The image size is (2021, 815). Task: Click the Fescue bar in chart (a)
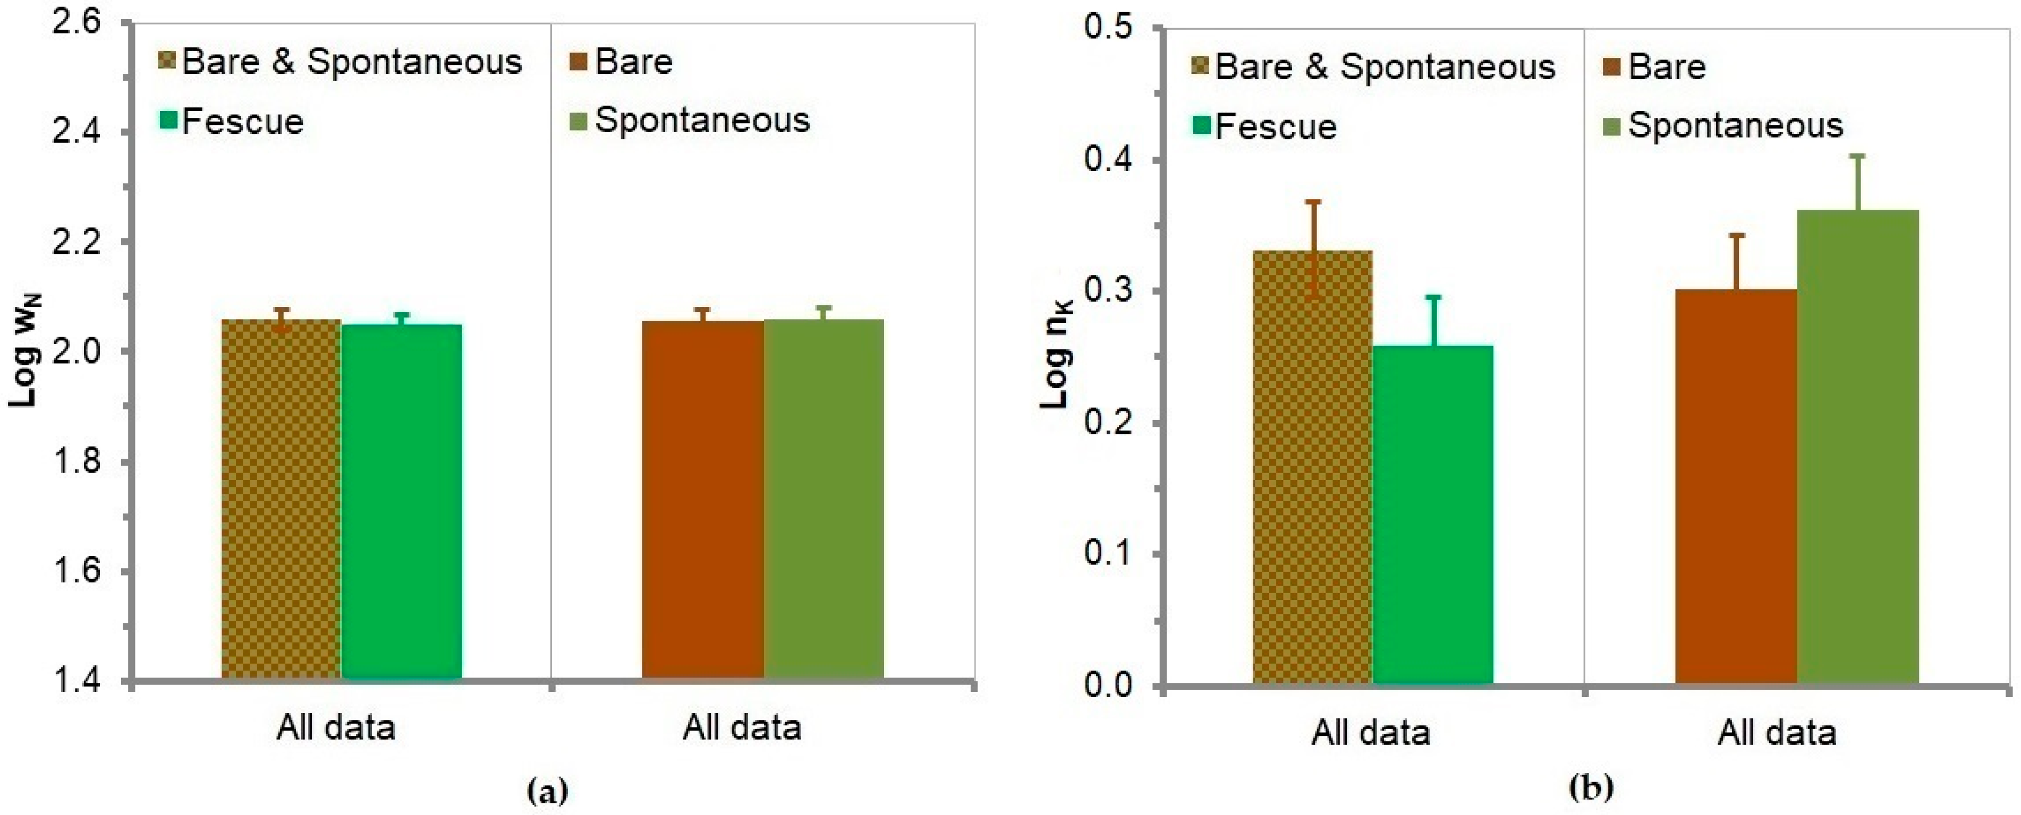(x=401, y=502)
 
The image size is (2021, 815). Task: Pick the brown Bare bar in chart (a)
(x=702, y=502)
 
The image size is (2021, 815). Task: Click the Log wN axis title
(x=25, y=350)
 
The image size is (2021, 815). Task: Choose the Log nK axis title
(x=1057, y=355)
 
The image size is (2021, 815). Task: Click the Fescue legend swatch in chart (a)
(x=169, y=122)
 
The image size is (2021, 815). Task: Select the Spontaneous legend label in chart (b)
(x=1735, y=125)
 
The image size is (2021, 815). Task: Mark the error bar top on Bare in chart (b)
(x=1737, y=235)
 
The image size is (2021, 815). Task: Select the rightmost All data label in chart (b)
(x=1777, y=733)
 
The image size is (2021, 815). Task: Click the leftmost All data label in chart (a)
(x=335, y=728)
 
